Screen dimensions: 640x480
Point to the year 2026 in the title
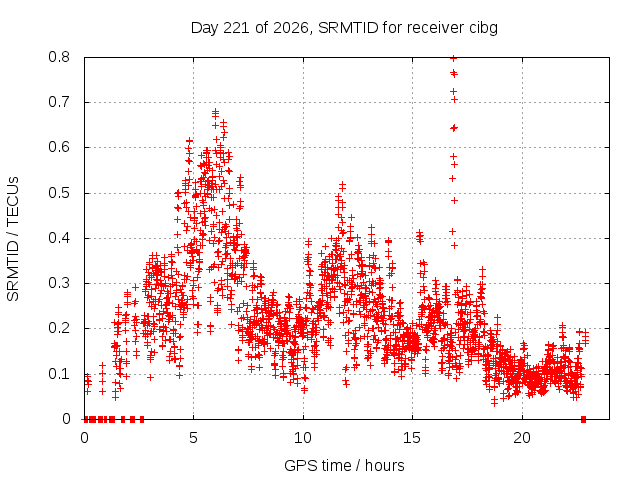290,28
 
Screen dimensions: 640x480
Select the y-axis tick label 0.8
59,57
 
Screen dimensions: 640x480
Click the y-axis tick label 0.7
59,102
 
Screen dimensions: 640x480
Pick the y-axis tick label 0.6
59,147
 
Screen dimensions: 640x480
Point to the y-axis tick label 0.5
59,193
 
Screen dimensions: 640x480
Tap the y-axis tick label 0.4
59,238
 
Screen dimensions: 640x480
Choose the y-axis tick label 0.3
59,283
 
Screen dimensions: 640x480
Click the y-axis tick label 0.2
59,328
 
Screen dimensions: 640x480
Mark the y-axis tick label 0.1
59,374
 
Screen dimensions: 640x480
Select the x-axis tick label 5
193,438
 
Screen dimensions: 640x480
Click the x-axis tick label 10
302,438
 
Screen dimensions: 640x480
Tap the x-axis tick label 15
412,438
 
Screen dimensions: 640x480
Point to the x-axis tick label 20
522,438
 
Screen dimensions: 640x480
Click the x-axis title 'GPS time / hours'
344,466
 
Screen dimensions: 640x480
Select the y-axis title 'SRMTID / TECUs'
13,239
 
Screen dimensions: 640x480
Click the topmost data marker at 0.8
453,58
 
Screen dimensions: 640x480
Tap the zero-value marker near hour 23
583,419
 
